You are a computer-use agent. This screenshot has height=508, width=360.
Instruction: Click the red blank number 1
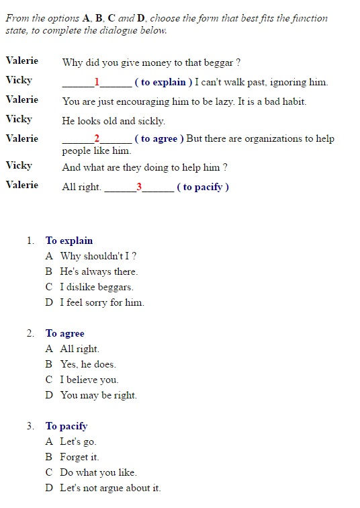tap(97, 82)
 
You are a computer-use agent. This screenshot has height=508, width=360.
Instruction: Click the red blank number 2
tap(97, 138)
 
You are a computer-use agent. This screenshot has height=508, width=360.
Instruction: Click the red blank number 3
tap(139, 187)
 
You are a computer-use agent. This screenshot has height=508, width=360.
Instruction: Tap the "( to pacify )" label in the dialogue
tap(203, 187)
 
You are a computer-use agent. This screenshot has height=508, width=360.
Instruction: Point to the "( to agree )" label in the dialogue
tap(159, 139)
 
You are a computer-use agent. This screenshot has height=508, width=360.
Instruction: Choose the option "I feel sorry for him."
tap(102, 302)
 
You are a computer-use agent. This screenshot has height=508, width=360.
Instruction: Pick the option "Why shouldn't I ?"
tap(99, 256)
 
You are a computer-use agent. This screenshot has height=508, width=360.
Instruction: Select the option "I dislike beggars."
tap(96, 287)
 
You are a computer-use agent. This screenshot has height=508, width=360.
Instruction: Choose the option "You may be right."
tap(98, 395)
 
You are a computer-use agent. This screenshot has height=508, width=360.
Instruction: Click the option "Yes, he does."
tap(88, 364)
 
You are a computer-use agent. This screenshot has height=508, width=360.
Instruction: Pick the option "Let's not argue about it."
tap(110, 488)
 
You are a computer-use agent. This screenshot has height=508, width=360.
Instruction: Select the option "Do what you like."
tap(98, 472)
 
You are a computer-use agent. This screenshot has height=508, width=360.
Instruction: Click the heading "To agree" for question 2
tap(65, 333)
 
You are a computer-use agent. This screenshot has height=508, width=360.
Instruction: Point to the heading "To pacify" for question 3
tap(66, 426)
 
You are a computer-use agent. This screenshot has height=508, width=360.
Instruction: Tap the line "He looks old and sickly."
tap(114, 122)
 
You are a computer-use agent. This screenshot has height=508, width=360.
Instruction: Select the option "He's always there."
tap(99, 271)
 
